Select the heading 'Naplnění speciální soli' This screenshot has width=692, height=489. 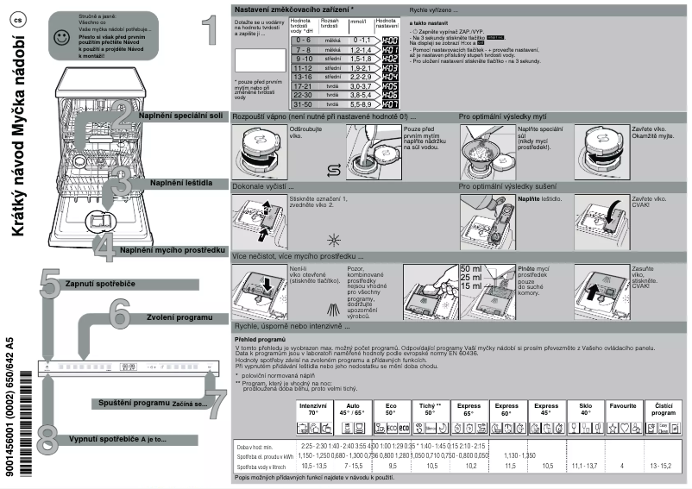pyautogui.click(x=179, y=115)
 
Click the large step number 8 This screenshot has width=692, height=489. pyautogui.click(x=48, y=436)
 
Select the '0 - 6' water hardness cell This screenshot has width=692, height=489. pyautogui.click(x=303, y=40)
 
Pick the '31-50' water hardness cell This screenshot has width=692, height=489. pyautogui.click(x=303, y=103)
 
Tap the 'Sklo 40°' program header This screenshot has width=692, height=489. pyautogui.click(x=586, y=409)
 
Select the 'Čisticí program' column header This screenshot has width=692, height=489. pyautogui.click(x=664, y=409)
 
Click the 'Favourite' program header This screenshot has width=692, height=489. pyautogui.click(x=623, y=404)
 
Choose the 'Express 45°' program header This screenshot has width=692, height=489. pyautogui.click(x=546, y=409)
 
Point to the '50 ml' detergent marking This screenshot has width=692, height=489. pyautogui.click(x=471, y=269)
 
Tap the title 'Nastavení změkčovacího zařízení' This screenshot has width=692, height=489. pyautogui.click(x=293, y=8)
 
